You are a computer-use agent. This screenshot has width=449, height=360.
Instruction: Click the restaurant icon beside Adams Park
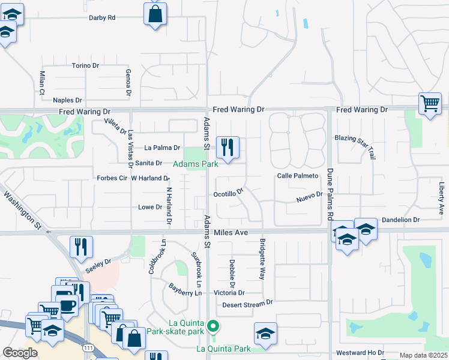(228, 148)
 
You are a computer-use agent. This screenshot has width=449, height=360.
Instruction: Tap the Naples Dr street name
(67, 100)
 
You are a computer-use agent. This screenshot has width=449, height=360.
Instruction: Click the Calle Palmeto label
(297, 176)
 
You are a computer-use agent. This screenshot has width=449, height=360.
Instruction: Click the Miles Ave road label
(231, 232)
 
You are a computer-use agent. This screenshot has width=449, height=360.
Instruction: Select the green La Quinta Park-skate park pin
(213, 327)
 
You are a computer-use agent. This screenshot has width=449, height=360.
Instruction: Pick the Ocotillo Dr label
(228, 194)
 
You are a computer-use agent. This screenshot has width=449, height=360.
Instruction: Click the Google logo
(20, 353)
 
